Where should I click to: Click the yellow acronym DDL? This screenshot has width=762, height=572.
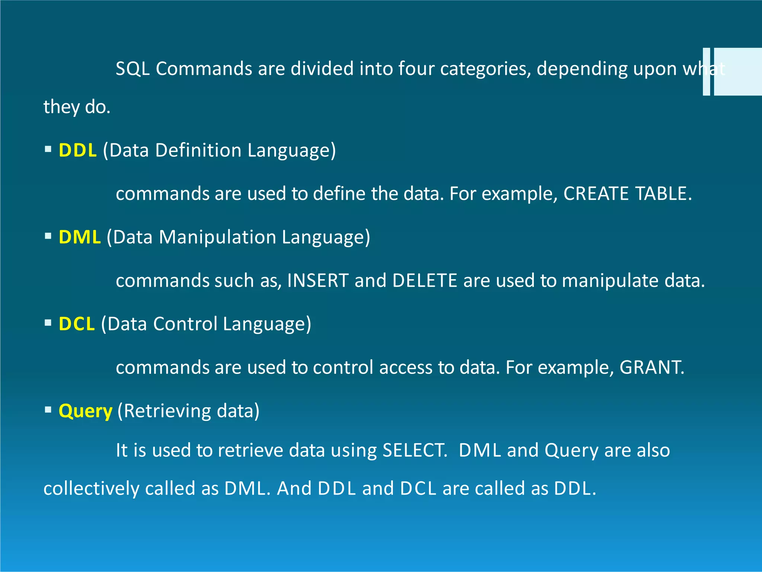(77, 150)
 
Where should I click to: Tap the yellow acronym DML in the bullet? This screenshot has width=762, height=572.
(80, 237)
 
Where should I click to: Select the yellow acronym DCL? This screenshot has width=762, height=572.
(77, 324)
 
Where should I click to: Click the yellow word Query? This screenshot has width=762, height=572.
(85, 411)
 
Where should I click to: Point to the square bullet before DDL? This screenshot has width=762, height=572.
(48, 149)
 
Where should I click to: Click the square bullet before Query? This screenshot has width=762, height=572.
(48, 410)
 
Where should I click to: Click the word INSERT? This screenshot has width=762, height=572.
(318, 280)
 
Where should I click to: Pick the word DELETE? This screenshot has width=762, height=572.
(425, 280)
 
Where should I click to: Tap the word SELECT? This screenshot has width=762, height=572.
(414, 450)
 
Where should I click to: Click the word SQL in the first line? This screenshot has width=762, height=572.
(132, 69)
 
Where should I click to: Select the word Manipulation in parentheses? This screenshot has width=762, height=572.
(217, 237)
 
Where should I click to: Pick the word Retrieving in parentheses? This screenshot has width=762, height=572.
(167, 411)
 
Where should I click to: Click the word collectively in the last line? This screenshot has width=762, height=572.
(91, 489)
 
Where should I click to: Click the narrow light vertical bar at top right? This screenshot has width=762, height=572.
(706, 71)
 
